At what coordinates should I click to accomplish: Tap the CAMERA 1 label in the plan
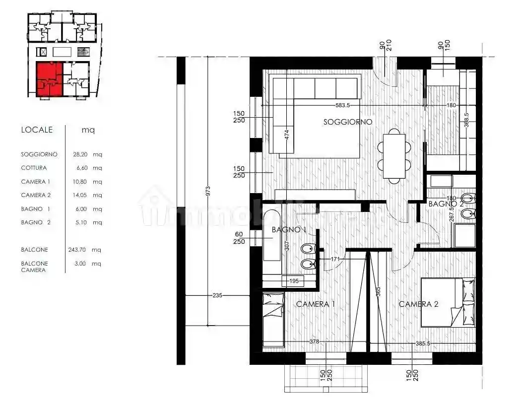coord(316,304)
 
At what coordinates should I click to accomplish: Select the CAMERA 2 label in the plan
coord(418,304)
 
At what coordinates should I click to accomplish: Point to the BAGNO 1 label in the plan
coord(288,230)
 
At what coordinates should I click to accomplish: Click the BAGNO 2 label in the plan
coord(445,204)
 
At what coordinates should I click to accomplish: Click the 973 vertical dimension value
coord(208,191)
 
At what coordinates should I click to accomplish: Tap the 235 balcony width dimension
coord(217,295)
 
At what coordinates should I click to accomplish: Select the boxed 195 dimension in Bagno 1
coord(293,282)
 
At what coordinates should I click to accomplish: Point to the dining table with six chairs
coord(394,154)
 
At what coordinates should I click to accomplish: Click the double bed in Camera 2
coord(448,302)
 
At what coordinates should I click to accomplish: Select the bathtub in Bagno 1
coord(271,236)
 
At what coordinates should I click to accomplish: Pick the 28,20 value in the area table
coord(80,154)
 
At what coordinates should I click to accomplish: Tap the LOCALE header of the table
coord(37,130)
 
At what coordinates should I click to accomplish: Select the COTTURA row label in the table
coord(34,168)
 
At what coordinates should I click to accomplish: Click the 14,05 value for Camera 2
coord(80,196)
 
